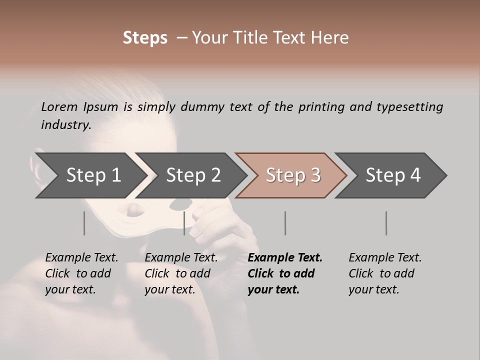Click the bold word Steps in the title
coord(145,38)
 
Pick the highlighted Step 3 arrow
coord(293,175)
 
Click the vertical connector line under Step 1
coord(84,223)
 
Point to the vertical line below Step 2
coord(184,223)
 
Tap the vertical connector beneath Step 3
coord(285,223)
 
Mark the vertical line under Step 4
coord(386,223)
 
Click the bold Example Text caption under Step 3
coord(285,273)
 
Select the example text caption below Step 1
coord(81,273)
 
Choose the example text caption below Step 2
coord(181,273)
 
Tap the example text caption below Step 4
coord(385,273)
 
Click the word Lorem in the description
coord(59,106)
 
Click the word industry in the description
coord(65,125)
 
